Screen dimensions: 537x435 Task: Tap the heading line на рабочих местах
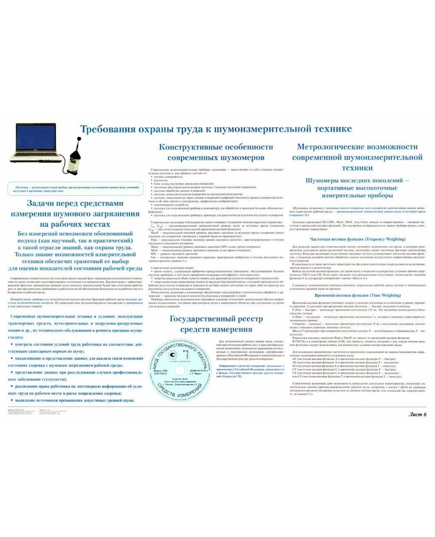[x=75, y=224]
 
